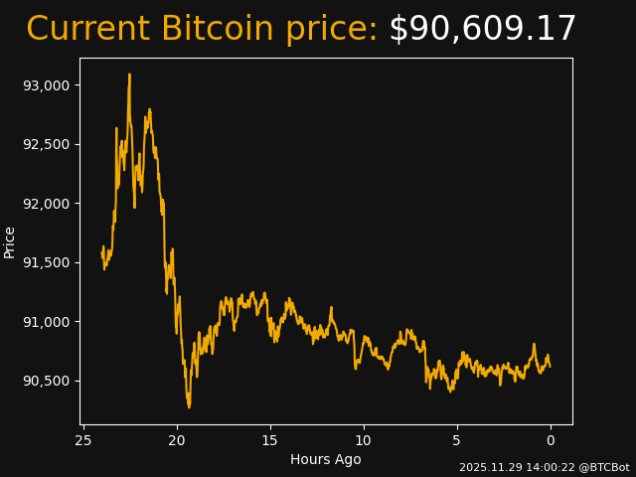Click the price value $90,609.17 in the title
pos(482,30)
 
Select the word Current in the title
pos(88,30)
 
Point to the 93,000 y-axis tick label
pos(47,85)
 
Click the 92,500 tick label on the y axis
pos(47,144)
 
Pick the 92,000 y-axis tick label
pos(47,204)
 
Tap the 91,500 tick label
pos(47,262)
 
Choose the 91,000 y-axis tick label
pos(47,322)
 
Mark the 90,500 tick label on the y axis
pos(47,381)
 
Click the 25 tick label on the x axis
pos(83,440)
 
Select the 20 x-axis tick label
pos(177,440)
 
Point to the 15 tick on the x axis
pos(270,440)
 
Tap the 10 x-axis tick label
pos(364,440)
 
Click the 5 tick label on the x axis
pos(457,440)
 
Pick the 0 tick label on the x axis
pos(551,440)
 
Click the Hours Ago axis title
pos(326,459)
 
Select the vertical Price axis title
pos(10,241)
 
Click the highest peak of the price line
pos(129,74)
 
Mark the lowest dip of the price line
pos(189,406)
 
